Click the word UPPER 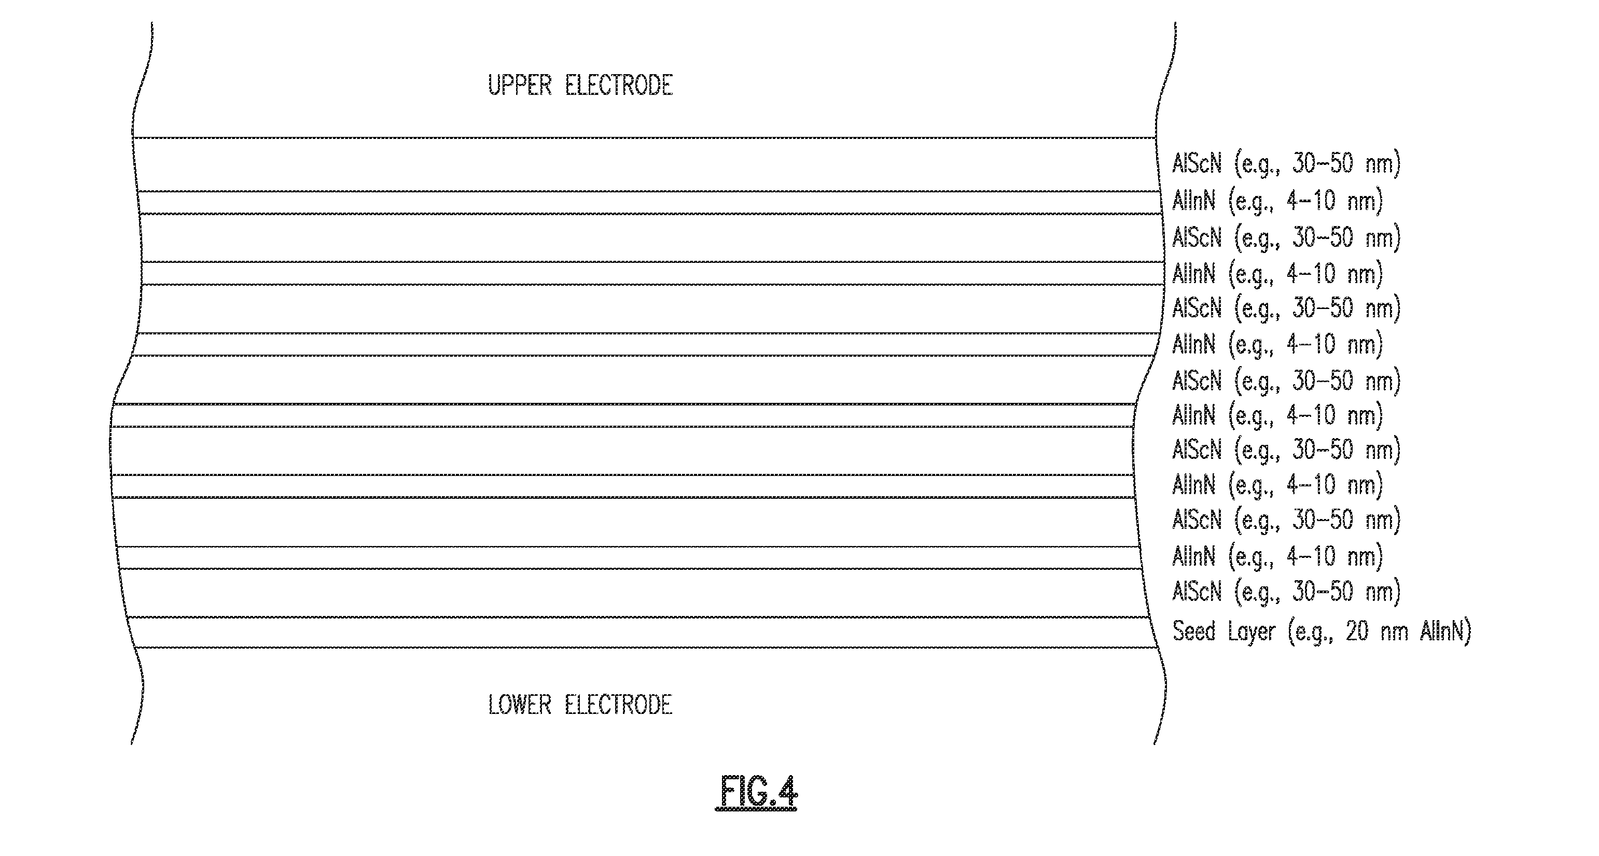click(x=520, y=86)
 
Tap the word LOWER click(x=520, y=705)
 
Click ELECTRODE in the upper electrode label click(x=619, y=86)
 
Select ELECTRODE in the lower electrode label click(x=619, y=705)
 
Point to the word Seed click(x=1193, y=632)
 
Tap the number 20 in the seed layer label click(x=1357, y=632)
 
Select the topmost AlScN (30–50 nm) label click(x=1286, y=163)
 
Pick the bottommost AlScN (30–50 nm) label click(x=1286, y=592)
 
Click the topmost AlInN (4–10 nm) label click(x=1277, y=201)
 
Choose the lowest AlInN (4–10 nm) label click(x=1277, y=556)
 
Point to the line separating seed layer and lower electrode click(x=646, y=648)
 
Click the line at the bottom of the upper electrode click(x=644, y=137)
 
